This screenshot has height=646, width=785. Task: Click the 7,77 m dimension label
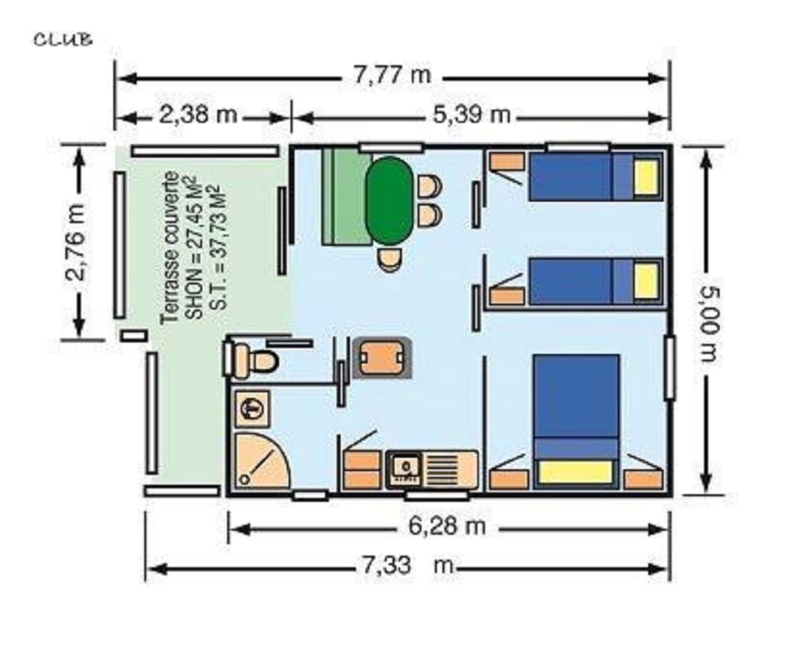[392, 76]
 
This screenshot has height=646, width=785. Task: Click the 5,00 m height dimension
[708, 321]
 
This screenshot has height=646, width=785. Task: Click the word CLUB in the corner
[62, 39]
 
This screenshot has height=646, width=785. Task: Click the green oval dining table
[389, 200]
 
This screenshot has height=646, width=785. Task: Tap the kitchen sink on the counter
[404, 467]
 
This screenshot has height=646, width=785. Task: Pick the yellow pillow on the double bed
[576, 472]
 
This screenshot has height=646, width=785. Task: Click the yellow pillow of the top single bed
[646, 177]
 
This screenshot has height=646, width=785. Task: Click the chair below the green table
[390, 260]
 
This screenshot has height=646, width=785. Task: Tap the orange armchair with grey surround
[379, 357]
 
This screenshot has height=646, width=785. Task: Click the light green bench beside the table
[344, 197]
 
